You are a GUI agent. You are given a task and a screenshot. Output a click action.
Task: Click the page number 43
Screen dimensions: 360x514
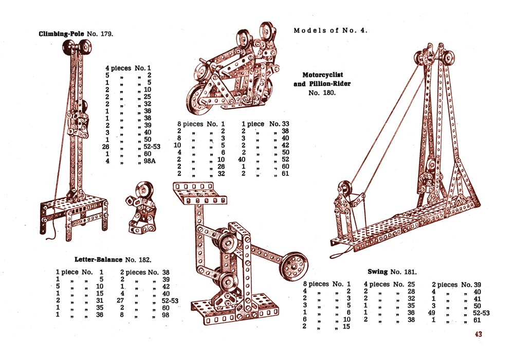tap(478, 334)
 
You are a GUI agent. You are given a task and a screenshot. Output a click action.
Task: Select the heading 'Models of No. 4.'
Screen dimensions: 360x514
tap(331, 30)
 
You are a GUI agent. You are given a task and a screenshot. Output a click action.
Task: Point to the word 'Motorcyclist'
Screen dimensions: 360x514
tap(323, 75)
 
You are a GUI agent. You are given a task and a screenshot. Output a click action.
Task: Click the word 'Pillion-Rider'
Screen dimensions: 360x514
tap(329, 84)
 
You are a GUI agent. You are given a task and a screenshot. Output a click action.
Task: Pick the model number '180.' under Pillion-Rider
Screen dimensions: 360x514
tap(322, 93)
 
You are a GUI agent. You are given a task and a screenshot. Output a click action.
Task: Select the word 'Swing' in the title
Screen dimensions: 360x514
tap(377, 272)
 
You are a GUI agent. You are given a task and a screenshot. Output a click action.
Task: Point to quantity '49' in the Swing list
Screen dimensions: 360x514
tap(433, 312)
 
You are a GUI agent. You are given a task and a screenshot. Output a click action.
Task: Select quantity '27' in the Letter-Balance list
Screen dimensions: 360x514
tap(122, 301)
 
